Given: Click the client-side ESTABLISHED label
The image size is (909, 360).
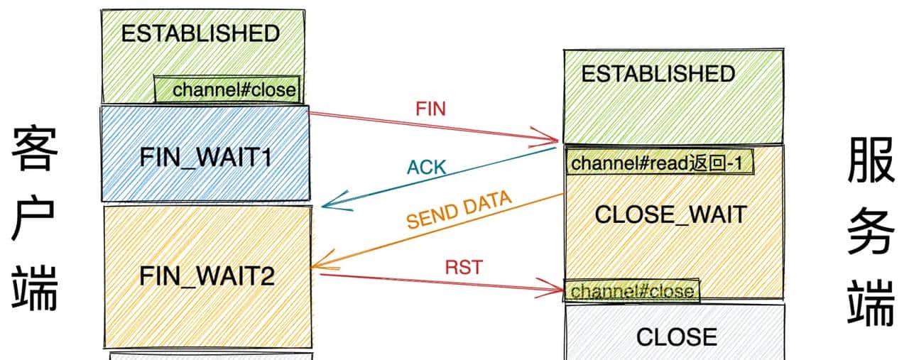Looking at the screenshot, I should coord(200,34).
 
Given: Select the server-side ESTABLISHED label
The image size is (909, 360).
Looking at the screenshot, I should coord(658,74).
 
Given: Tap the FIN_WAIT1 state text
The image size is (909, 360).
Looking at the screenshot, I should coord(205,157).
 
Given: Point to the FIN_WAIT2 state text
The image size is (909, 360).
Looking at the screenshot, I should coord(207,276).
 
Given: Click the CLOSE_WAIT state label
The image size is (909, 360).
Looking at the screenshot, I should coord(670,215).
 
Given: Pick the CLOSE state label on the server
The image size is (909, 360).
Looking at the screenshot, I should coord(676,337).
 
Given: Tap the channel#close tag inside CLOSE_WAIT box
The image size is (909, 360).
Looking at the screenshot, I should coord(632,291).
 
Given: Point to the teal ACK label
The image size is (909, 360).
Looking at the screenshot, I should coord(426,168).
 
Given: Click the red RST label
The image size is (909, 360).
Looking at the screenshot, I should coord(464,268).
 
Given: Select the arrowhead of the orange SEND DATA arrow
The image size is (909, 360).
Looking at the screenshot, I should coord(314,267).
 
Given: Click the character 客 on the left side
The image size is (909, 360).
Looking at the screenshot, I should coord(33,151).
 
